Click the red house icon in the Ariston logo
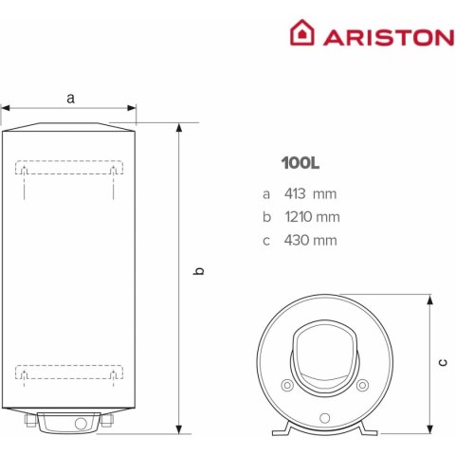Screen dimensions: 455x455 coord(302,32)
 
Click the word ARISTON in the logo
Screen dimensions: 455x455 coord(389,37)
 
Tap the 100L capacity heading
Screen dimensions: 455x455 coord(300,163)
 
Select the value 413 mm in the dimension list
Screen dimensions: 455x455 coord(310,193)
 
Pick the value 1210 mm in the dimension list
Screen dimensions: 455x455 coord(312,217)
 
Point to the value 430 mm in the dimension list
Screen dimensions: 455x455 coord(311,240)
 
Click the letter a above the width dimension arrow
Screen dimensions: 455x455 coord(70,99)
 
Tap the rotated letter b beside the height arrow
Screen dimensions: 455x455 coord(198,271)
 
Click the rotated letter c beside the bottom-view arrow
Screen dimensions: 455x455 coord(443,362)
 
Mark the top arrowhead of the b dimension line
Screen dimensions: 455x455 coord(179,128)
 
